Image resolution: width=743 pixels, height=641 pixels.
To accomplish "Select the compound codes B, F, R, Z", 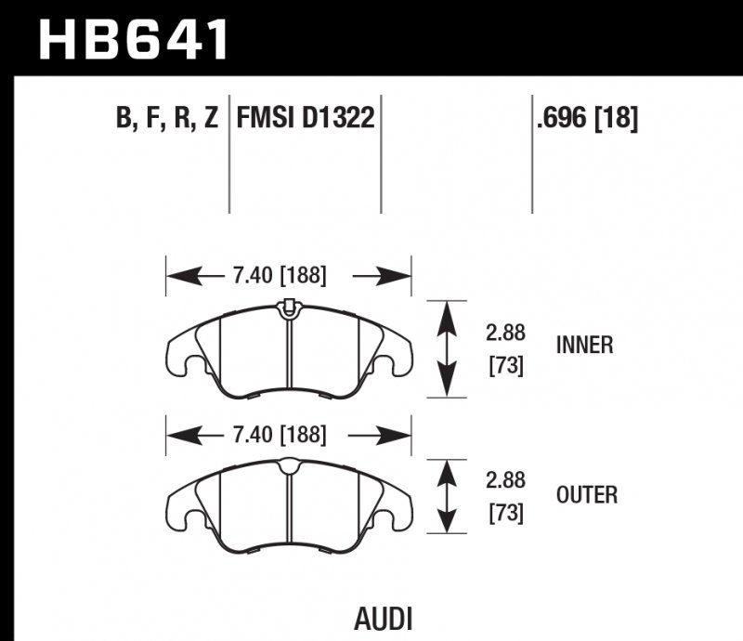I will [x=166, y=119].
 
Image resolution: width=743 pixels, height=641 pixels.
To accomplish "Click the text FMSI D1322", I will [x=306, y=119].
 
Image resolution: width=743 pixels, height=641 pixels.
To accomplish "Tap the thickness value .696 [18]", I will [x=586, y=119].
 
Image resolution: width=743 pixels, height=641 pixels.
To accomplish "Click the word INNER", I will [x=584, y=346].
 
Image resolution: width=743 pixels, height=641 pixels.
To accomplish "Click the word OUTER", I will [x=585, y=494].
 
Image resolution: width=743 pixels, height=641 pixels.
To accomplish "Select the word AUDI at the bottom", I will [x=383, y=619].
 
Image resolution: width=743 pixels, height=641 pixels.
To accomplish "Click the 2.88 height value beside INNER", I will [x=505, y=333].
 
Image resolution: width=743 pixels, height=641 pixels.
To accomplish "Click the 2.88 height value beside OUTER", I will [x=505, y=481].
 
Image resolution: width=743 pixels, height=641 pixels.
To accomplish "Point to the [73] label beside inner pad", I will [x=505, y=366].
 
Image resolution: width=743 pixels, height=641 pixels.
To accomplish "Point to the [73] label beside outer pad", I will [x=505, y=513].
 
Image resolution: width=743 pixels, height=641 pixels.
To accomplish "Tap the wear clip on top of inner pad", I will [x=288, y=306].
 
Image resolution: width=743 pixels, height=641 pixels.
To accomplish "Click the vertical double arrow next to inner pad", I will [x=448, y=349].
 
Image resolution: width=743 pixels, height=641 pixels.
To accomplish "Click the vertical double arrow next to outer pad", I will [x=448, y=497].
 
